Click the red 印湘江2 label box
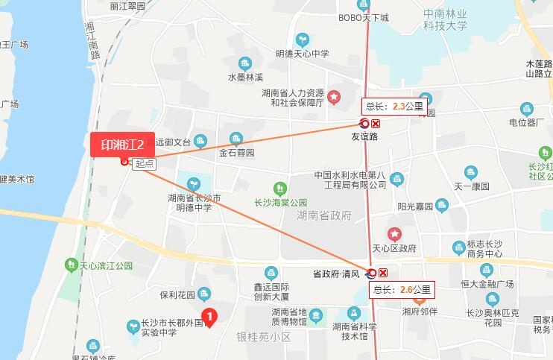117,145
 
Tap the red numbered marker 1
210,318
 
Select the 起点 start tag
145,164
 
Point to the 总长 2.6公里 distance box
402,289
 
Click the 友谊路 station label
364,136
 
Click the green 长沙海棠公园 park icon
280,188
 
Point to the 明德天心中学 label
302,54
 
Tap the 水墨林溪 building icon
246,63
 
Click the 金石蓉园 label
236,152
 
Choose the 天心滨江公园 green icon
71,264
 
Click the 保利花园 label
177,294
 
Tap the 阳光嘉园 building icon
443,203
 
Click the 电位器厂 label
526,121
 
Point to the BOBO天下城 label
364,17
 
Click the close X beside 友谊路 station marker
376,124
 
